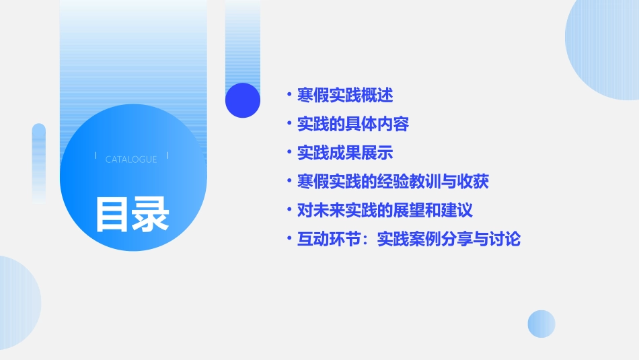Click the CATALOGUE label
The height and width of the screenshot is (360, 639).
click(131, 159)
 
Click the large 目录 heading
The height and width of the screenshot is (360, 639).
click(132, 213)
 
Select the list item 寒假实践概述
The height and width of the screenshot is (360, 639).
click(345, 95)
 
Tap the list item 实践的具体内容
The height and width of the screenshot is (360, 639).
click(353, 124)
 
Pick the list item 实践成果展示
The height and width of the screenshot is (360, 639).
click(345, 153)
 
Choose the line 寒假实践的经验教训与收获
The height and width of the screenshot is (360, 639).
click(393, 182)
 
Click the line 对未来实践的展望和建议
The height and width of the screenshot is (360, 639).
click(385, 210)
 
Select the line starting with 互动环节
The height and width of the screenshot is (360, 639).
click(409, 239)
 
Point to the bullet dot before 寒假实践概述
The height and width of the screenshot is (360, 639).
click(289, 95)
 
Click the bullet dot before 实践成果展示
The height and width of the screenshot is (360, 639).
click(289, 153)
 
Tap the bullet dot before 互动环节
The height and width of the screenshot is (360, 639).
click(289, 239)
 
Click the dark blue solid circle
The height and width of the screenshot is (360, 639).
click(243, 100)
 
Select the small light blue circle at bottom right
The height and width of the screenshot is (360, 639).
click(541, 324)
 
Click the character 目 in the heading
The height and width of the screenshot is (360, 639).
click(112, 213)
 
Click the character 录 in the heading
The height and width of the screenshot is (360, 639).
click(151, 213)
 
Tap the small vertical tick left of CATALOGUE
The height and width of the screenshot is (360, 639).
click(96, 155)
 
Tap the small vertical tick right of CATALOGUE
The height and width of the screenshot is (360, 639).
click(167, 155)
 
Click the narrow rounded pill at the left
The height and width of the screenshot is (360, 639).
click(39, 161)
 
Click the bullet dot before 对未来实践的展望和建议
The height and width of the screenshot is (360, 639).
click(289, 210)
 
